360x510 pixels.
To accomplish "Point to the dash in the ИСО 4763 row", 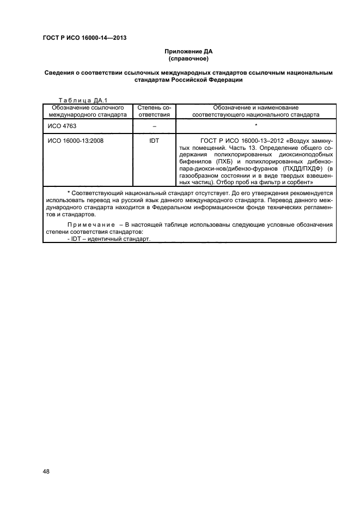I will coord(154,125).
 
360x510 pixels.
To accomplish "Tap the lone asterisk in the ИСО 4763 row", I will coord(255,125).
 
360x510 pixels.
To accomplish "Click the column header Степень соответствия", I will coord(154,111).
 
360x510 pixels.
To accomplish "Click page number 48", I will coord(46,472).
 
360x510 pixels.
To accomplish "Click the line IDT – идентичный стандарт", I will coord(108,240).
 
